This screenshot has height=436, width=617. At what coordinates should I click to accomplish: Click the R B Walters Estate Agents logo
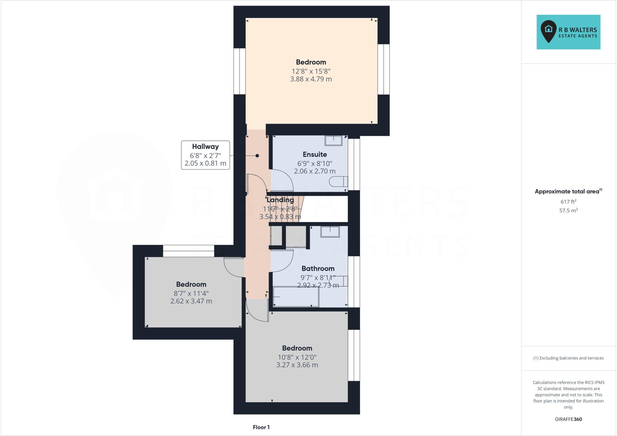pyautogui.click(x=568, y=32)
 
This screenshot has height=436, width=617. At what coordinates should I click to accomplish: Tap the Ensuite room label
pyautogui.click(x=315, y=154)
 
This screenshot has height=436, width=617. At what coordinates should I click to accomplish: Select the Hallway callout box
pyautogui.click(x=205, y=155)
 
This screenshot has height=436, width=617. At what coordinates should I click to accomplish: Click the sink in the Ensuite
pyautogui.click(x=334, y=141)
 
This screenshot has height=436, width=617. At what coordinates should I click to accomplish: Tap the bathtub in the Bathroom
pyautogui.click(x=296, y=297)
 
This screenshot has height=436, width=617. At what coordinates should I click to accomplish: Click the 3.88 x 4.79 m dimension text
pyautogui.click(x=311, y=79)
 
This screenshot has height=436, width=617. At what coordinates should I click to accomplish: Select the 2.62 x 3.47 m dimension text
pyautogui.click(x=191, y=301)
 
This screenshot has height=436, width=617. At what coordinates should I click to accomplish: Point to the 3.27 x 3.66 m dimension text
pyautogui.click(x=297, y=365)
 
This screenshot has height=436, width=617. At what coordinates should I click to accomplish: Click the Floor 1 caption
pyautogui.click(x=261, y=427)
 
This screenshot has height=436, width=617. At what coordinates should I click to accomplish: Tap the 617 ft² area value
pyautogui.click(x=568, y=202)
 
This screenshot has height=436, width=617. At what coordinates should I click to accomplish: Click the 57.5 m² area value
pyautogui.click(x=568, y=210)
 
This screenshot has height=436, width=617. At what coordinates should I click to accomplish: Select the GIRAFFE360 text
pyautogui.click(x=568, y=419)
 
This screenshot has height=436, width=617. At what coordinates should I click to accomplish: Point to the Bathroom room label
pyautogui.click(x=318, y=268)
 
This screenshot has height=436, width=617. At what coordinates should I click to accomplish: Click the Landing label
pyautogui.click(x=280, y=200)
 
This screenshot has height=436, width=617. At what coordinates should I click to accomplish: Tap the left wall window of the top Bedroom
pyautogui.click(x=240, y=71)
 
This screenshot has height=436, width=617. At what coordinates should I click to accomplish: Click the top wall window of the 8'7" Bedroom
pyautogui.click(x=189, y=251)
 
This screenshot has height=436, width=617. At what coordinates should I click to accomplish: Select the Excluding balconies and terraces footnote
pyautogui.click(x=568, y=358)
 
